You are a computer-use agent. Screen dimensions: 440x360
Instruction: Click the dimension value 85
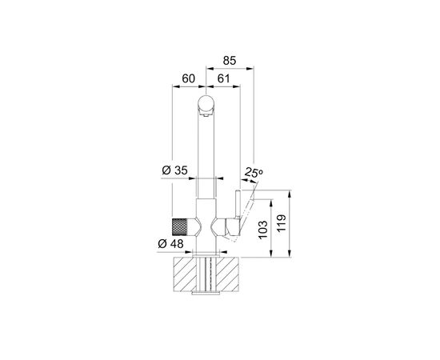click(x=230, y=61)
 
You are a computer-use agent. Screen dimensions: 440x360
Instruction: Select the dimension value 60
click(x=188, y=79)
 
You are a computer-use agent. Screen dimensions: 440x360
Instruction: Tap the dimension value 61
click(x=224, y=79)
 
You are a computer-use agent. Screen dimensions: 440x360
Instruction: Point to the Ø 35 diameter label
click(x=175, y=170)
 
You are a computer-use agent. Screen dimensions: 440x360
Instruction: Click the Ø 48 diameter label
click(x=170, y=244)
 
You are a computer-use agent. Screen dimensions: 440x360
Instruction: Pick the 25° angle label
click(x=254, y=172)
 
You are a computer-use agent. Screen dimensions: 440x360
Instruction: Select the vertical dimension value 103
click(x=263, y=230)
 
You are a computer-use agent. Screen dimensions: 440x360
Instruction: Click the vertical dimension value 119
click(x=281, y=223)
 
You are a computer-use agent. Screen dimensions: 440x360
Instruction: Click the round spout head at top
click(x=206, y=103)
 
